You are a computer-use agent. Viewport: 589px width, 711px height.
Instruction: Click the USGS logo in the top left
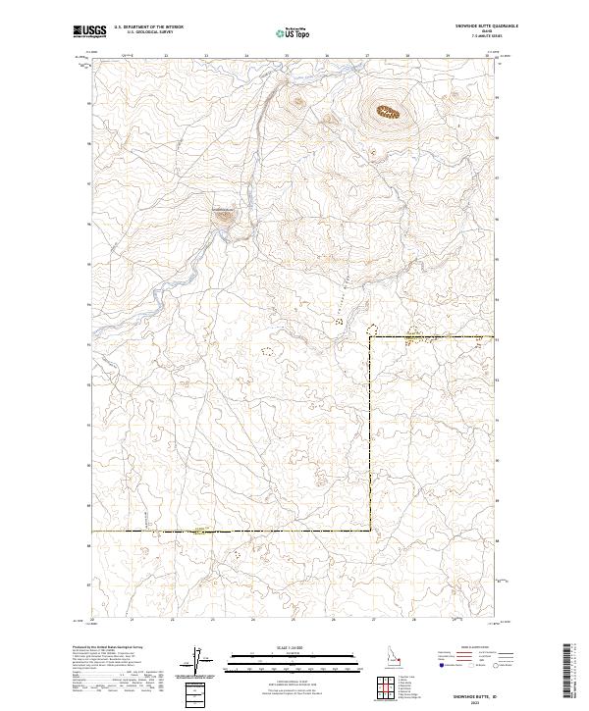[x=89, y=32]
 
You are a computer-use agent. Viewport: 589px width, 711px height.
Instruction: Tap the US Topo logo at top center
[x=291, y=32]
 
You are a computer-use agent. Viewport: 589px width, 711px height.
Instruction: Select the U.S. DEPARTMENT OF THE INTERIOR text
[x=148, y=26]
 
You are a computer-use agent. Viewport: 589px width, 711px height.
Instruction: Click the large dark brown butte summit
[x=388, y=113]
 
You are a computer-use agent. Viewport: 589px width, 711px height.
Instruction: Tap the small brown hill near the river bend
[x=225, y=215]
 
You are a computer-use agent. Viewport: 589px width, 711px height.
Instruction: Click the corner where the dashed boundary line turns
[x=370, y=336]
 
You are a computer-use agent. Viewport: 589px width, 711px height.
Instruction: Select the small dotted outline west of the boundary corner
[x=266, y=349]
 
